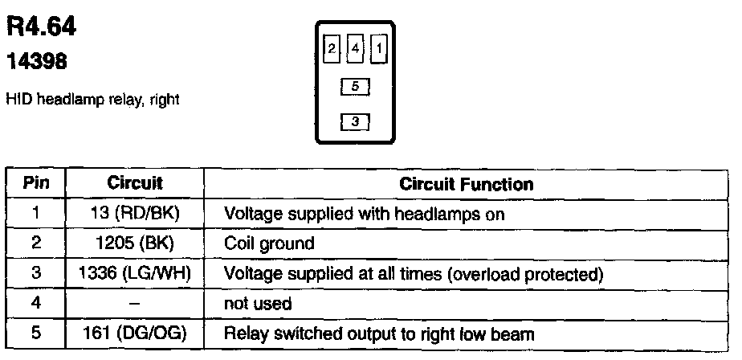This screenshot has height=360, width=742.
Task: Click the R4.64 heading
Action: point(41,28)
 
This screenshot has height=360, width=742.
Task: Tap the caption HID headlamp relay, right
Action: point(92,100)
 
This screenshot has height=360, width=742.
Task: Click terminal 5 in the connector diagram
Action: point(355,85)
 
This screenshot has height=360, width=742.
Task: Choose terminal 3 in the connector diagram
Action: point(355,122)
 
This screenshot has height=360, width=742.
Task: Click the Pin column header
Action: point(35,184)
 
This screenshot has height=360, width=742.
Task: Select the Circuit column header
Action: point(135,184)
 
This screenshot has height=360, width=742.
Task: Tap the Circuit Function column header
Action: point(466,184)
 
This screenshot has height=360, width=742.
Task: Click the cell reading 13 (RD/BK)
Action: point(135,215)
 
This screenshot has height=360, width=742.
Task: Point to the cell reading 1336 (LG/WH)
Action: point(135,274)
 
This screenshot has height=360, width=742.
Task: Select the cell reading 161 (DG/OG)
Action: point(135,333)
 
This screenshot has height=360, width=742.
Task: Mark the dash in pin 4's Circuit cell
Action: point(135,304)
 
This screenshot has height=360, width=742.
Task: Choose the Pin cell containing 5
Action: point(35,333)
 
